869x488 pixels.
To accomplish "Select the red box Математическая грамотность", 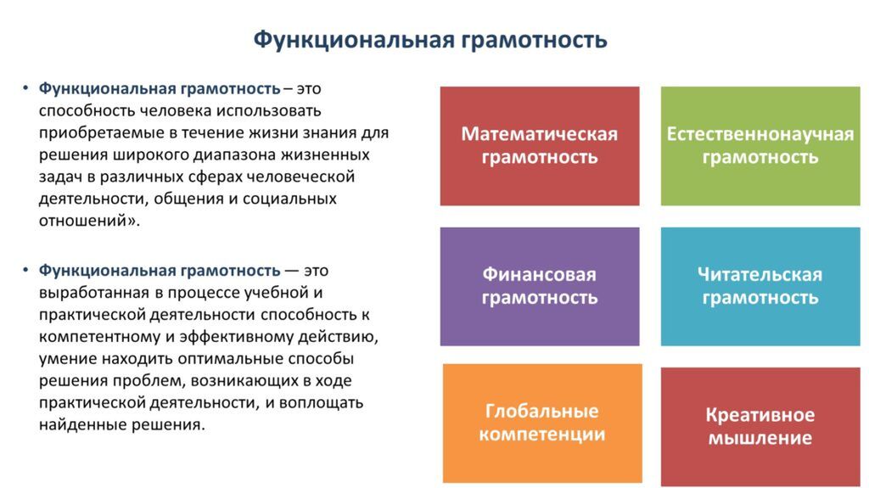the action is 540,146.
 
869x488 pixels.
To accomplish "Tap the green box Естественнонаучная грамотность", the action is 760,146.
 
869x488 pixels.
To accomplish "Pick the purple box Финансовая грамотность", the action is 540,287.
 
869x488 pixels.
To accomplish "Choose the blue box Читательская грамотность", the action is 760,287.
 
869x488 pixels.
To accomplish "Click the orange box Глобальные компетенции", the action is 542,423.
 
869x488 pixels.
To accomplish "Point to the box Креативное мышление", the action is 760,426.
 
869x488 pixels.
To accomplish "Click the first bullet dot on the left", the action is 25,89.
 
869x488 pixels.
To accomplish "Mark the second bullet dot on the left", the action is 25,271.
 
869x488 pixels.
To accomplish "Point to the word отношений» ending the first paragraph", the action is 89,221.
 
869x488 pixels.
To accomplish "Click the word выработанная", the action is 93,292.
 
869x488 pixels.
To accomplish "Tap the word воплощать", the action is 321,402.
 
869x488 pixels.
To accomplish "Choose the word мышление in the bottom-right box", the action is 760,438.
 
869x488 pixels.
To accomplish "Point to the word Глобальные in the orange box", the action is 542,411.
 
